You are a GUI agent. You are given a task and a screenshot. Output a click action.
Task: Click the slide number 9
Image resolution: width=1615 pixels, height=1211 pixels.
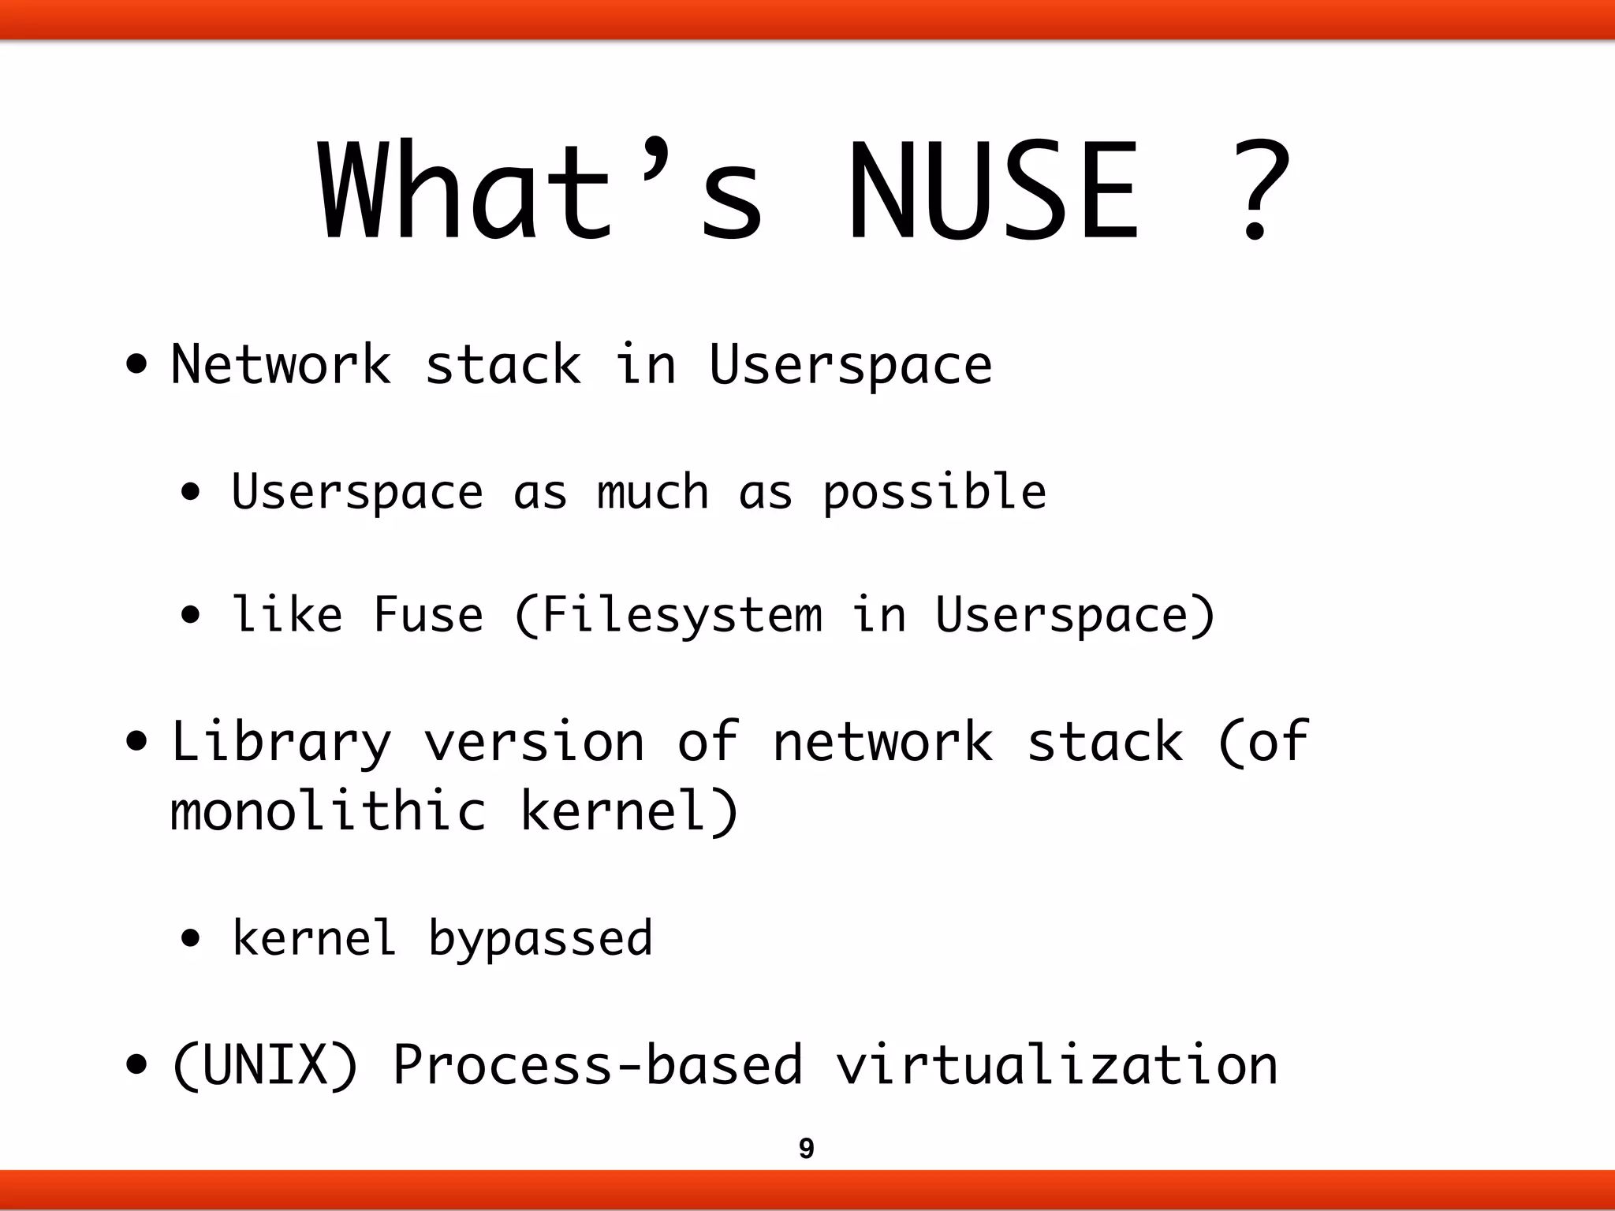coord(806,1148)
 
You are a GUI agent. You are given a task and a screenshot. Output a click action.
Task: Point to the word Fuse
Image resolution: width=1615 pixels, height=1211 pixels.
coord(427,615)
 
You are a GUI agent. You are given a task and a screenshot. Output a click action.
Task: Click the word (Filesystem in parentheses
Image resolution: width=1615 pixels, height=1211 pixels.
coord(667,615)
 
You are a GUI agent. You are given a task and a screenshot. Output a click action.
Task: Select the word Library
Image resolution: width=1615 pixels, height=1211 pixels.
coord(282,743)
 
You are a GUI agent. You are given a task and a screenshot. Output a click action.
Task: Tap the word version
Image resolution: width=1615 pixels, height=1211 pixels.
coord(534,743)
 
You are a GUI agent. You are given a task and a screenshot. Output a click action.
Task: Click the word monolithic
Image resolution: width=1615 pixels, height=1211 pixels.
coord(328,811)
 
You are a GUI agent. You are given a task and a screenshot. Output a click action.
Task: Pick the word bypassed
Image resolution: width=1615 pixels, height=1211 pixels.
coord(540,939)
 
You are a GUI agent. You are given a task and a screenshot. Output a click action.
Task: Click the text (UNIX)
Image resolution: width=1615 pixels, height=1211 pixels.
coord(265,1065)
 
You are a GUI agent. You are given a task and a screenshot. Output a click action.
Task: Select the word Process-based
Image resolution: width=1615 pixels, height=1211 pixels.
coord(597,1065)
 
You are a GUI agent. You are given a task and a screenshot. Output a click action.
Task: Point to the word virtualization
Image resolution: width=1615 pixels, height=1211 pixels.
coord(1056,1065)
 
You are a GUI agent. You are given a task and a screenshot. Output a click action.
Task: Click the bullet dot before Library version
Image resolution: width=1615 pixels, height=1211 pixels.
coord(136,743)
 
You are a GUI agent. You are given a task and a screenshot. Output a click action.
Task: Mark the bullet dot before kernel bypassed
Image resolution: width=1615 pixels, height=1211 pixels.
coord(190,939)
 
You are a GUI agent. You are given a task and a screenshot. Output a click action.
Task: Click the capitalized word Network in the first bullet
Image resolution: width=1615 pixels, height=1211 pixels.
coord(282,365)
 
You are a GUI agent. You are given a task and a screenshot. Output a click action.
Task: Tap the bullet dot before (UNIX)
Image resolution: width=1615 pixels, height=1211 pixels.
coord(136,1065)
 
